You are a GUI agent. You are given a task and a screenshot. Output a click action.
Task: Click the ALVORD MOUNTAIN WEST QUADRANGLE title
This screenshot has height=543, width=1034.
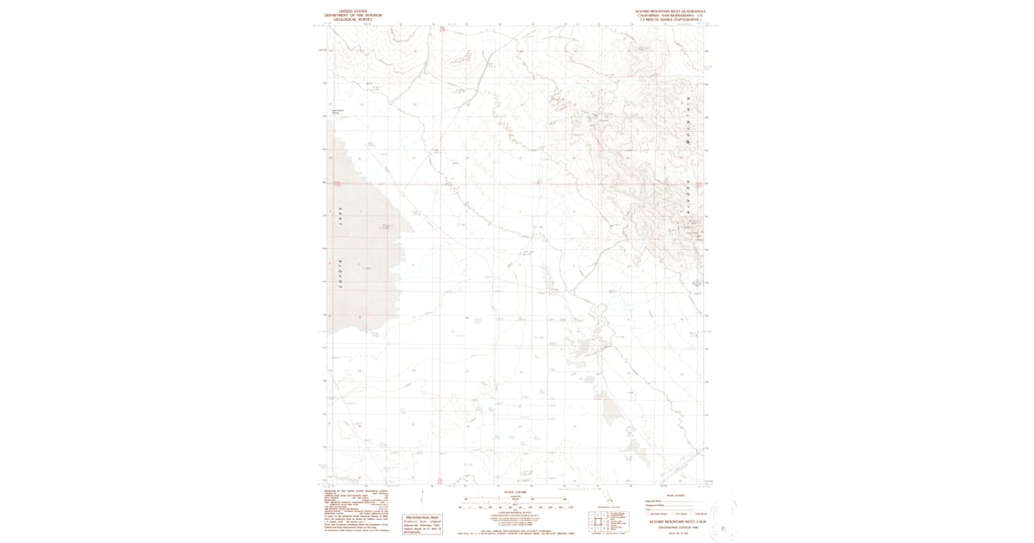pyautogui.click(x=663, y=11)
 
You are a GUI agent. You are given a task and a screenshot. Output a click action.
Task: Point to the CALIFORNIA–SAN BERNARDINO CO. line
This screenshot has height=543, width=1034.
pyautogui.click(x=663, y=16)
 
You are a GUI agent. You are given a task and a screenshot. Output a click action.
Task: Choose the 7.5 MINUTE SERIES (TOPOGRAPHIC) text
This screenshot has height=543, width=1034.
pyautogui.click(x=663, y=20)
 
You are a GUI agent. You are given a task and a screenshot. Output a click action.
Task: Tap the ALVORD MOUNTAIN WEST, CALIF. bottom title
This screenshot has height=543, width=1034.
pyautogui.click(x=670, y=522)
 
